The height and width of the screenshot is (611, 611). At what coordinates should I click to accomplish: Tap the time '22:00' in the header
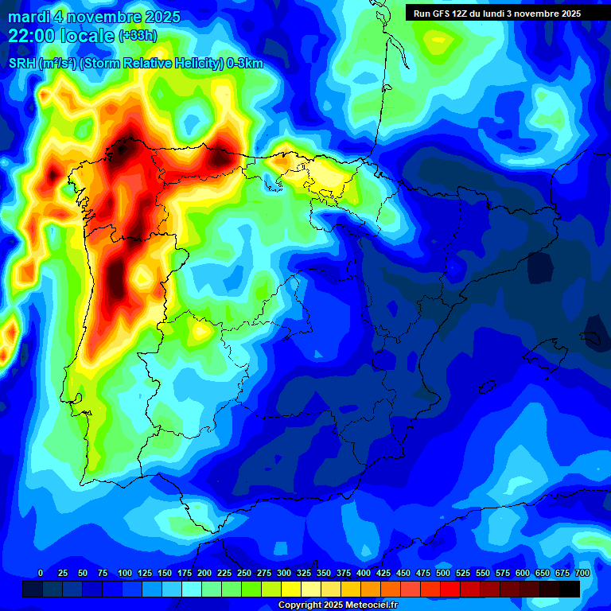pos(31,36)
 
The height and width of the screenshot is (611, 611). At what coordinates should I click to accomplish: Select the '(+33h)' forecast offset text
pos(138,36)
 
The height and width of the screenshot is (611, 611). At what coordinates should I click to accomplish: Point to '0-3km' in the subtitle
pos(245,64)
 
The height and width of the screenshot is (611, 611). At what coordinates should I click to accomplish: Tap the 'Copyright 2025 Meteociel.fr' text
pos(337,605)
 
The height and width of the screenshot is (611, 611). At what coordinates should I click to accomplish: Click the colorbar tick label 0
pos(41,573)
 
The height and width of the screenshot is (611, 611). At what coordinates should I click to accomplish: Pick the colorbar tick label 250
pos(244,573)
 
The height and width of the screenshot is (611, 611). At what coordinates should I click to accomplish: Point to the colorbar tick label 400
pos(364,573)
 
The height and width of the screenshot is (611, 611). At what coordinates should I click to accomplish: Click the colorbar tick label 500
pos(443,573)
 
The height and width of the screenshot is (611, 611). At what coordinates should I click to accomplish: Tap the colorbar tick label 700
pos(582,573)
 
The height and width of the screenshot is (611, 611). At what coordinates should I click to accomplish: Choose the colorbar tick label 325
pos(304,573)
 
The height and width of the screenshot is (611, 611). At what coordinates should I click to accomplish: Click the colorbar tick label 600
pos(523,573)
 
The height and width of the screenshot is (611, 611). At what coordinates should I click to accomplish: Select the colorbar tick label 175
pos(185,573)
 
